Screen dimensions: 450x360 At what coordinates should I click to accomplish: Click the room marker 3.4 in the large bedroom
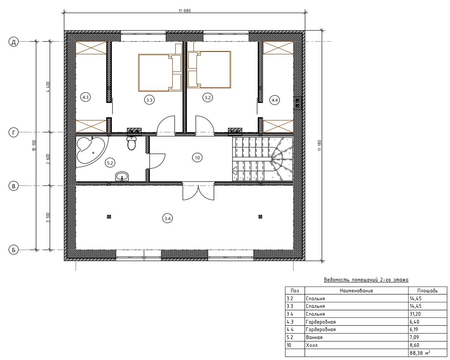(x=167, y=219)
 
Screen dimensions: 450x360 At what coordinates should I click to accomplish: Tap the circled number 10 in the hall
(x=197, y=157)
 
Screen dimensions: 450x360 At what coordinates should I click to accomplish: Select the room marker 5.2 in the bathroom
(x=110, y=163)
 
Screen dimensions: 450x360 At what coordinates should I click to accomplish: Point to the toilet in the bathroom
(x=131, y=143)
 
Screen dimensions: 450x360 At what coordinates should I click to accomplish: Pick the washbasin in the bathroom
(x=122, y=176)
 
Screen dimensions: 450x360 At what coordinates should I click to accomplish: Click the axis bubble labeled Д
(x=14, y=42)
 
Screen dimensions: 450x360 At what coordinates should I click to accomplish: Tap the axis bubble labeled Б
(x=14, y=250)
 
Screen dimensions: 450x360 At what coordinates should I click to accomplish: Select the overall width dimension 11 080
(x=185, y=11)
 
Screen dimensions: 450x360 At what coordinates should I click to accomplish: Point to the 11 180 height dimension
(x=319, y=146)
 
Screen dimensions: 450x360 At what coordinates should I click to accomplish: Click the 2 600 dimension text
(x=48, y=159)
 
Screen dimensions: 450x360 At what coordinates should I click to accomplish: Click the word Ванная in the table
(x=314, y=337)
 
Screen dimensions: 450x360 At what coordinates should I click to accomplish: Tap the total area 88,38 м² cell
(x=420, y=353)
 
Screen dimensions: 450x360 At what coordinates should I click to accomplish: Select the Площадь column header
(x=427, y=290)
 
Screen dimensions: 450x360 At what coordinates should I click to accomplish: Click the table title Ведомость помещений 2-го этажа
(x=366, y=280)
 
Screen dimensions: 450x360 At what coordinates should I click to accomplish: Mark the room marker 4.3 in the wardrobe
(x=85, y=97)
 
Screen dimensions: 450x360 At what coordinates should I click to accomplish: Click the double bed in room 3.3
(x=160, y=72)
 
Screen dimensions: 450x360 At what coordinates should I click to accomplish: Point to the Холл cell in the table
(x=311, y=345)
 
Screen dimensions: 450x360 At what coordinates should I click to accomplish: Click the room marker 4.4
(x=274, y=100)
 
